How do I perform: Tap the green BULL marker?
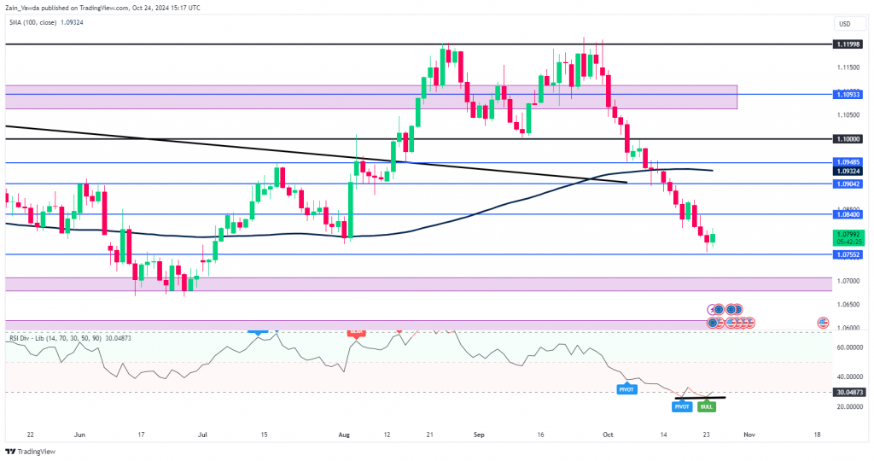coord(707,407)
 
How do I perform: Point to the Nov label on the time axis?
coord(749,435)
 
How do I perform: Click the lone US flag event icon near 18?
coord(823,323)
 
